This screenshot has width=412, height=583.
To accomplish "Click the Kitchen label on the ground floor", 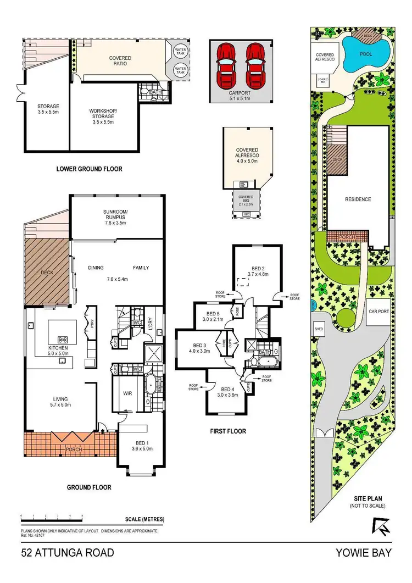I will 58,351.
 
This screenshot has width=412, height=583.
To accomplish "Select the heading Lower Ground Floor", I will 89,169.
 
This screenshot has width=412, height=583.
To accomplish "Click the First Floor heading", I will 227,431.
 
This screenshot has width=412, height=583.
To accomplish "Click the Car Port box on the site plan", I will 378,310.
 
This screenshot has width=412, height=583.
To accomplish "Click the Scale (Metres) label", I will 144,519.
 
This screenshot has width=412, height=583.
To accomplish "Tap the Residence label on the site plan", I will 358,199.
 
